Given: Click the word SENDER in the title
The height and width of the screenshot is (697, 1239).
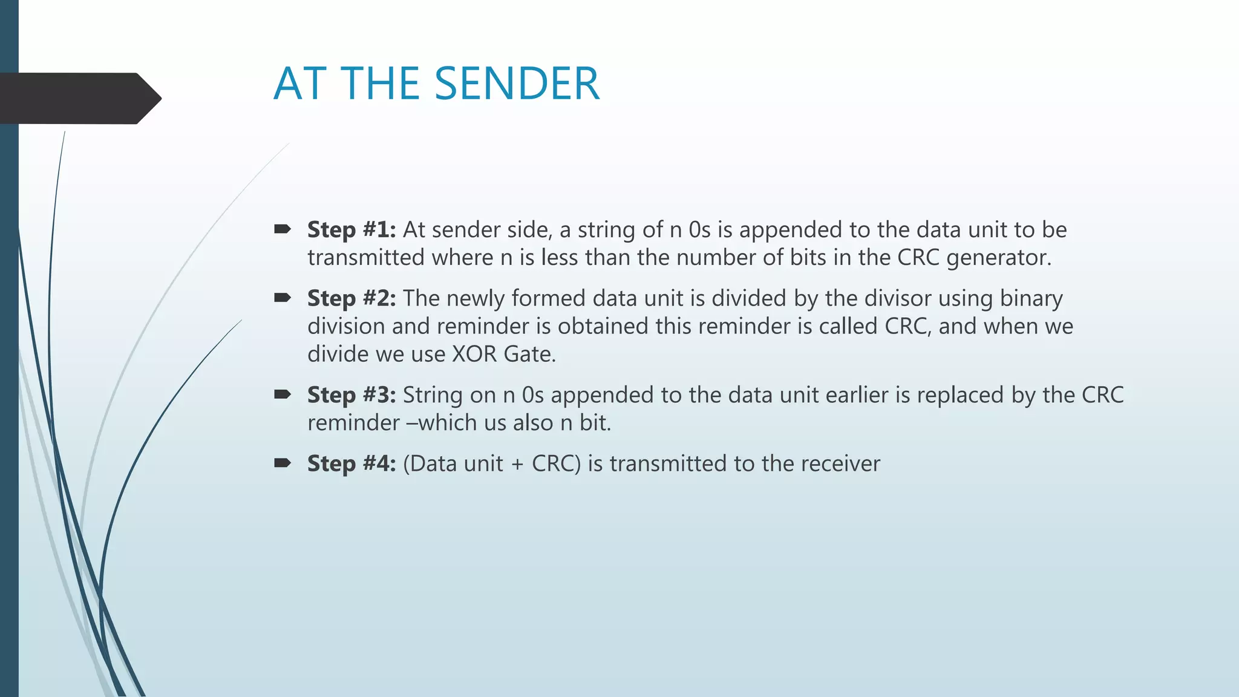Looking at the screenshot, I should coord(517,83).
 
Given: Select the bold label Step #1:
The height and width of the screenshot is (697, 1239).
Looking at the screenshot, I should coord(351,230).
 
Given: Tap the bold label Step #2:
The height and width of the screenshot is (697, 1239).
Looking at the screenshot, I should coord(351,298).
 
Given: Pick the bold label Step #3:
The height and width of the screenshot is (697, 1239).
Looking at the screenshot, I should coord(351,395).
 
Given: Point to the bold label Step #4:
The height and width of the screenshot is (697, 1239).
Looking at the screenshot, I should coord(351,463).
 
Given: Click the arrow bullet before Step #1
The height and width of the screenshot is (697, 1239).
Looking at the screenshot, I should coord(283,229).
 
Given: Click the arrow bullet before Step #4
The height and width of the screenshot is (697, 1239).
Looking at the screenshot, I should coord(283,463).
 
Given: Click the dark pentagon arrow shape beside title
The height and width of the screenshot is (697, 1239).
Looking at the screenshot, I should coord(79,99).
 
